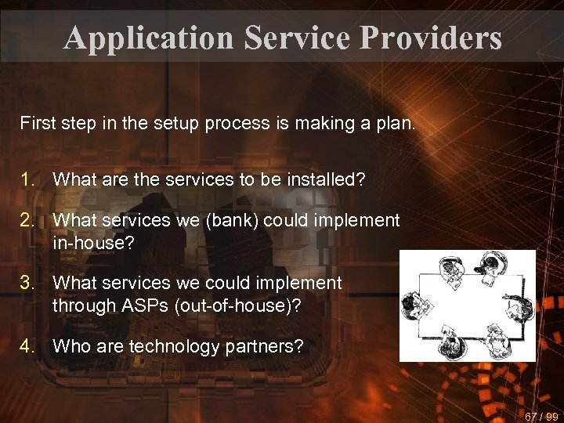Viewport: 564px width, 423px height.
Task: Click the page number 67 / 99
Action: tap(541, 416)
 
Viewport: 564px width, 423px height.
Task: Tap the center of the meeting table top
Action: tap(468, 305)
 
